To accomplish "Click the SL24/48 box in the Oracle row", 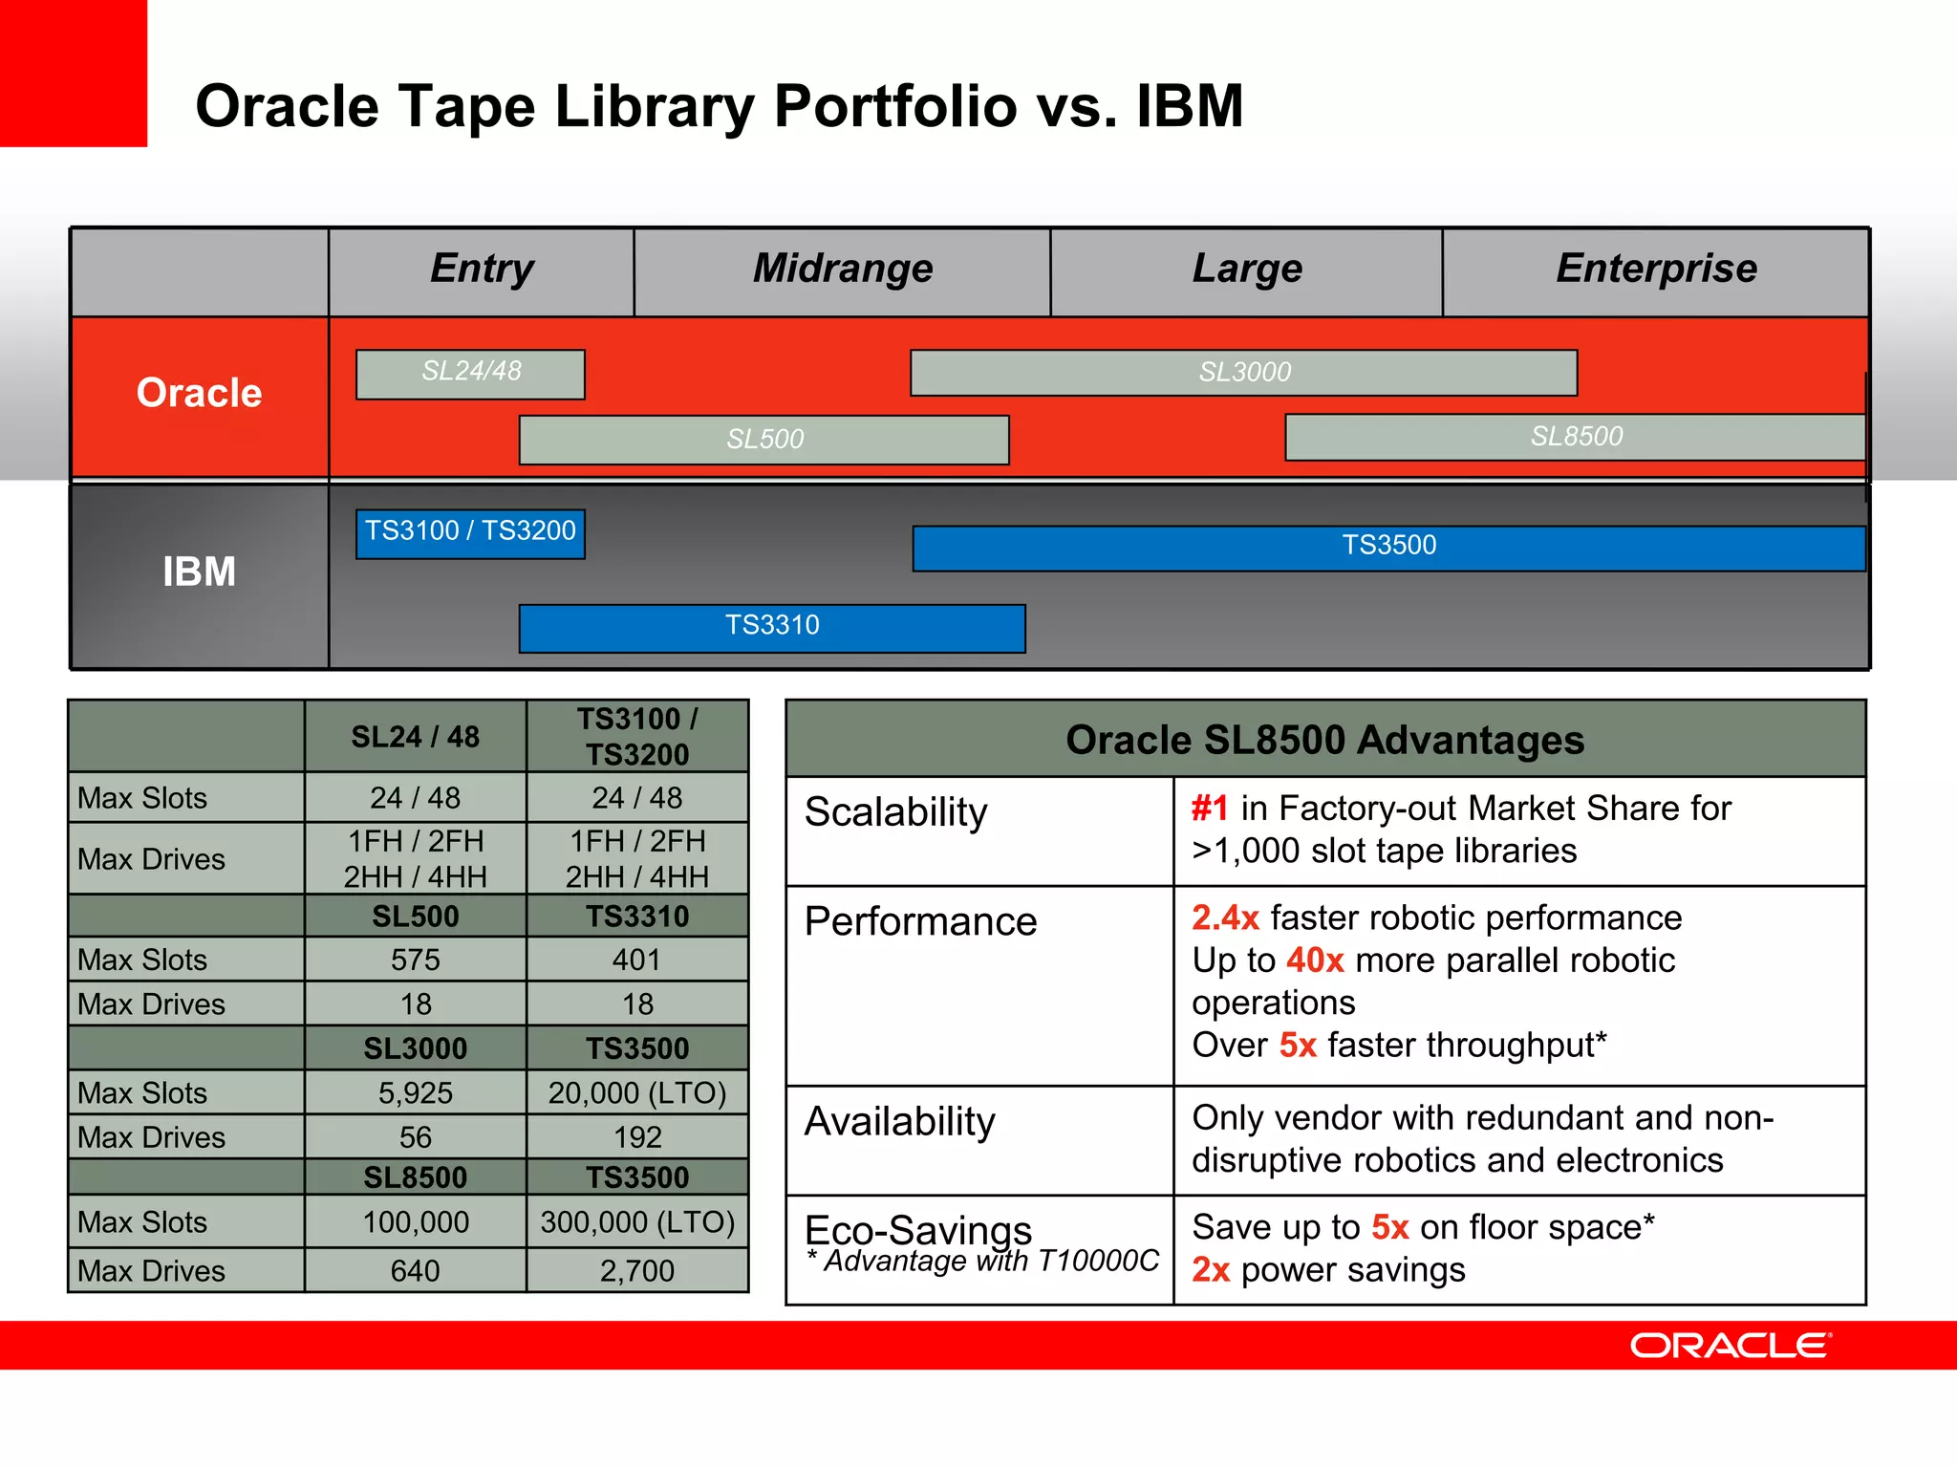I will point(470,373).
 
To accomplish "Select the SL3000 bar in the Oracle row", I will point(1243,372).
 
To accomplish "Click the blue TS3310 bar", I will point(772,627).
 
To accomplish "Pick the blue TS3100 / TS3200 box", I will point(470,532).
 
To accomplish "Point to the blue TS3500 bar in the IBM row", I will point(1388,547).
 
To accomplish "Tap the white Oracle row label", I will point(199,394).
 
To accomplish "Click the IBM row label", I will point(199,572).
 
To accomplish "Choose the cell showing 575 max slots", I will point(415,960).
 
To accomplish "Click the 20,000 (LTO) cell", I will point(637,1092).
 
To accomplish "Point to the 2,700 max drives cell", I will point(637,1271).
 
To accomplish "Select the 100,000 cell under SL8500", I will point(415,1222).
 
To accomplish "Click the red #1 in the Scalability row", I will point(1210,809).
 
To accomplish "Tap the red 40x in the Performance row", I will point(1315,961).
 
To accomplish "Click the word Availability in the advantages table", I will point(899,1121).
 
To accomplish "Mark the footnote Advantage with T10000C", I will point(984,1262).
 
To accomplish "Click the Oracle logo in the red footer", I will point(1730,1346).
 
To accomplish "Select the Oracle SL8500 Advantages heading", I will point(1324,740).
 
